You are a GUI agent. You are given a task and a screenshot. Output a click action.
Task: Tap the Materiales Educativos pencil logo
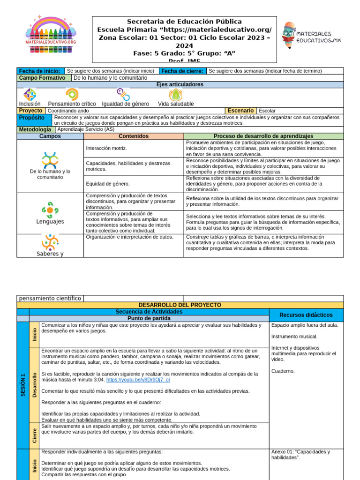coord(311,37)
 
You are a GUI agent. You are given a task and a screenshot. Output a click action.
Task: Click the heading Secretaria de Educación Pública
coord(184,22)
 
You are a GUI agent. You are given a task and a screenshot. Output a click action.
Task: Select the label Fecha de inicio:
coord(40,71)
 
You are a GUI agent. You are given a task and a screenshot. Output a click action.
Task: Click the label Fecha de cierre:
coord(182,71)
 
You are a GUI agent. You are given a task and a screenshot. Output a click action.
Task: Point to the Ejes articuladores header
coord(180,84)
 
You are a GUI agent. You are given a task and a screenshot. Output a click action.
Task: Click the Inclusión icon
coord(30,95)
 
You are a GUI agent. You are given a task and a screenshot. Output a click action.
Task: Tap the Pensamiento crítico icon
coord(72,95)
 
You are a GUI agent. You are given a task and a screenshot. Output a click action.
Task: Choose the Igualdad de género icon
coord(123,95)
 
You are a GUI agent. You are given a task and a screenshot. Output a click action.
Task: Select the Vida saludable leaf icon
coord(175,95)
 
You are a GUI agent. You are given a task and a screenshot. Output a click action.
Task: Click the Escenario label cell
coord(241,111)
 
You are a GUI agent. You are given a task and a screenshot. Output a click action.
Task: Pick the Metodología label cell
coord(36,129)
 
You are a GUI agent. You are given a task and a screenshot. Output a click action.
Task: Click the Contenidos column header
coord(134,136)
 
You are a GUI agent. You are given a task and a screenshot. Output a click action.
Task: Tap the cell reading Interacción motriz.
coord(107,148)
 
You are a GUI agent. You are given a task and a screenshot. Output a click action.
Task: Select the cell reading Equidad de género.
coord(108,184)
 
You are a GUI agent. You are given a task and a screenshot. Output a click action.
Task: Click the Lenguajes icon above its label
coord(50,209)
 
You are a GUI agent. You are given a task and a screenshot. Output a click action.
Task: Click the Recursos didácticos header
coord(306,315)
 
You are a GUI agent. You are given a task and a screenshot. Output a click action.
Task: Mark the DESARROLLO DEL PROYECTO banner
coord(180,305)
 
